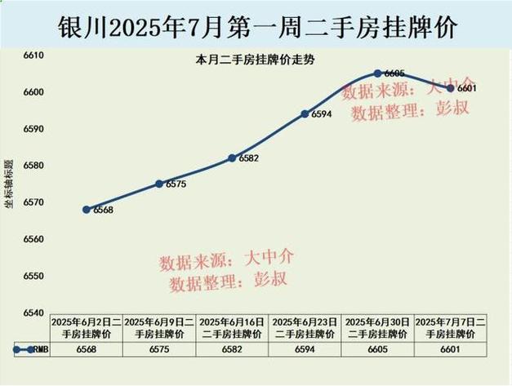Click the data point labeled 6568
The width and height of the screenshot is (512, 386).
87,210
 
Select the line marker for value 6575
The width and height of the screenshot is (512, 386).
159,184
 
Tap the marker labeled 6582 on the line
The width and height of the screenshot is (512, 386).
232,158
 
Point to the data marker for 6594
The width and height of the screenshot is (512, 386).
305,113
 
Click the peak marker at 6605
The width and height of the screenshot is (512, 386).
378,73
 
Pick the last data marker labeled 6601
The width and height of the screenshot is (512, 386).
451,88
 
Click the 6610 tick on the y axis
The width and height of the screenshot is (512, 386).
33,55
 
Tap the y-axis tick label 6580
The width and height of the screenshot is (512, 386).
33,166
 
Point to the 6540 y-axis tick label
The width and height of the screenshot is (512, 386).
33,313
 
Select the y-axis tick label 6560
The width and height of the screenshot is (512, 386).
33,240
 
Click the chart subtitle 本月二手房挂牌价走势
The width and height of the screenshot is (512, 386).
243,60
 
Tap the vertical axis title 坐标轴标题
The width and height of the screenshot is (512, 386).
10,184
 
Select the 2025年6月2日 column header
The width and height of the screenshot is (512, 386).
87,328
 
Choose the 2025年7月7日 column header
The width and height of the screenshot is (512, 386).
451,328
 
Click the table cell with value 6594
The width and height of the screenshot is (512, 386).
305,349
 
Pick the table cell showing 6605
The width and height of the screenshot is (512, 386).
378,349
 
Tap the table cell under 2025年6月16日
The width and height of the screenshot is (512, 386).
232,349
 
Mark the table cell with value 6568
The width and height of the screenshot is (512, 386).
87,349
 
